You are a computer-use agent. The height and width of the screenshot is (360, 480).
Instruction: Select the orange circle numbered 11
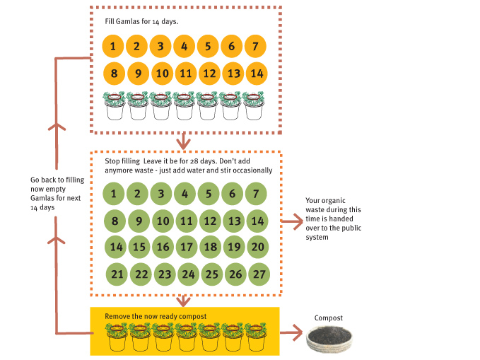pos(185,73)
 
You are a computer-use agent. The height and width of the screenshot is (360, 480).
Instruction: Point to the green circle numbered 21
pos(117,274)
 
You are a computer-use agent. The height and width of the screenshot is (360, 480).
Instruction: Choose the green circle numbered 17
pos(186,247)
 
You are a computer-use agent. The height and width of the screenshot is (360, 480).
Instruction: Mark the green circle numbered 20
pos(257,247)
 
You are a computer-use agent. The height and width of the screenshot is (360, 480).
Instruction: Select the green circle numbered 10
pos(163,220)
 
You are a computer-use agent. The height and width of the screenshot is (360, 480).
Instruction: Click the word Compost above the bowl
pos(329,318)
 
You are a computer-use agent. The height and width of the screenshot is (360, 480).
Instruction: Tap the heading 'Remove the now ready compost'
pos(156,316)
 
